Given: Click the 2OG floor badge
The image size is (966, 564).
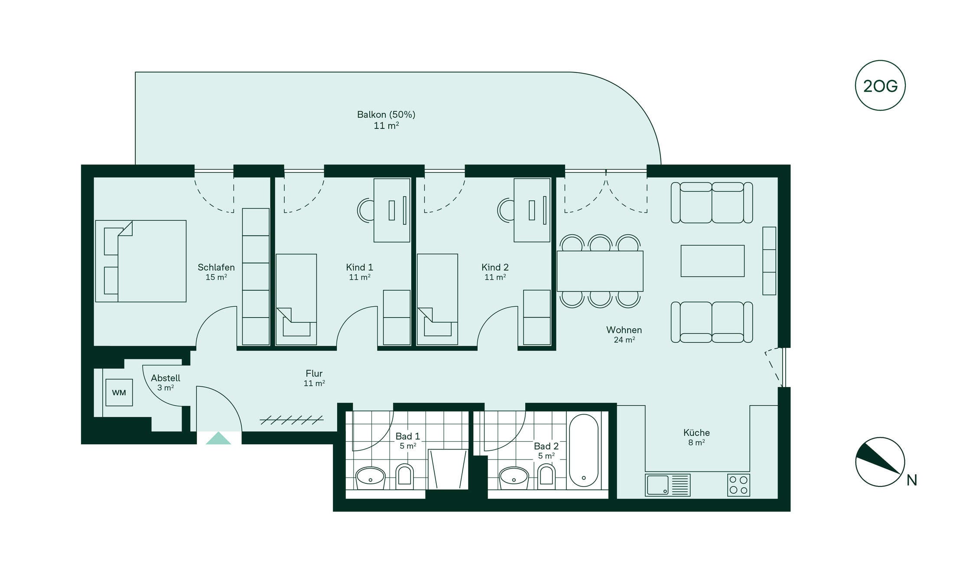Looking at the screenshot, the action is [880, 85].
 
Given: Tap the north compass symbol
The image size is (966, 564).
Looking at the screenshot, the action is [880, 462].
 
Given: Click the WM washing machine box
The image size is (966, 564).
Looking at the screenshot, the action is [119, 393].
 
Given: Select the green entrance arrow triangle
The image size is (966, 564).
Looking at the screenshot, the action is [218, 438].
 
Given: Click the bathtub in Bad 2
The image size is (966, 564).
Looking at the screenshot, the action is [583, 450].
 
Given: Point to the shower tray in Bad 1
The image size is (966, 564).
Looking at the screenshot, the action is [448, 469].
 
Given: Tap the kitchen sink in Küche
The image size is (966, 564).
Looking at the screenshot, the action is [667, 485].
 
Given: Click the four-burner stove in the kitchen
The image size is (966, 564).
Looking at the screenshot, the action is [738, 485].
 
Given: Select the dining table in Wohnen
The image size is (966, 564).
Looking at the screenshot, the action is [600, 271].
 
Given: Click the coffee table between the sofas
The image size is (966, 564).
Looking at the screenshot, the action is [712, 261].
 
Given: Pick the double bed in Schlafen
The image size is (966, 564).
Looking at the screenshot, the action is [141, 261].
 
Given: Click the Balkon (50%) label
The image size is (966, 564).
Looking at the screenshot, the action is [386, 115].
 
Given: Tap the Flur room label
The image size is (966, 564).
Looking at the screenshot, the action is [314, 373].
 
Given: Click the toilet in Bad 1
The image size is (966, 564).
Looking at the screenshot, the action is [405, 476].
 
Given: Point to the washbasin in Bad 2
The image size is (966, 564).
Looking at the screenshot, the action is [514, 478].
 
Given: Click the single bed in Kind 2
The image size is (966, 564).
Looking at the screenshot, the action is [437, 299].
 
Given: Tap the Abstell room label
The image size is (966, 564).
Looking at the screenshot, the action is [166, 378].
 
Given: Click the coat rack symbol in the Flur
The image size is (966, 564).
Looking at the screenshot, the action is [292, 420].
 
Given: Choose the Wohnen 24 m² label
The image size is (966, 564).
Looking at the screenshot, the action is [624, 334].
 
